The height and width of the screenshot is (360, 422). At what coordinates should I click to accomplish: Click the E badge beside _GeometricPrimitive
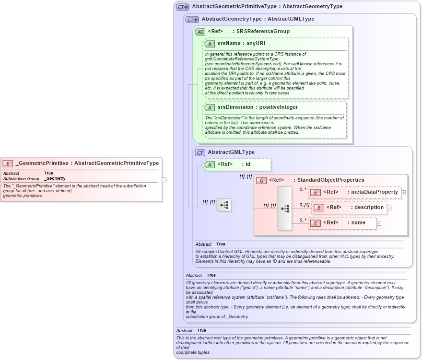click(x=8, y=163)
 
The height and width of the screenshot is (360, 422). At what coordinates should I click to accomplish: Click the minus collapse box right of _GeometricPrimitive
click(x=164, y=180)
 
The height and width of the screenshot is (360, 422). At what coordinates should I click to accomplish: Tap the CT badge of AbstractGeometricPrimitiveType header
click(x=183, y=7)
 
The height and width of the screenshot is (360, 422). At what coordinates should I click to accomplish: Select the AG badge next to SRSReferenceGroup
click(x=200, y=32)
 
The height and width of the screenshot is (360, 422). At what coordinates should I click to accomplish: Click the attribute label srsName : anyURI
click(x=241, y=44)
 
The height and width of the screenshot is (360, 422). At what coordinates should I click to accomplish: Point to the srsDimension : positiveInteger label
click(x=258, y=107)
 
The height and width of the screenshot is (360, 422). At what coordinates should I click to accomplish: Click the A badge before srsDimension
click(x=210, y=107)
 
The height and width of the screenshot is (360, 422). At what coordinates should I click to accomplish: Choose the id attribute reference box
click(x=237, y=164)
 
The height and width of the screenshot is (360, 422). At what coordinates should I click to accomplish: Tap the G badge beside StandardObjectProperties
click(x=261, y=180)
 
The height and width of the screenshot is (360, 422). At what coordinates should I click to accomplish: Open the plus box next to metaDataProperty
click(x=403, y=193)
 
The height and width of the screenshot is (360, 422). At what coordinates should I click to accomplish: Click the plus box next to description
click(x=389, y=208)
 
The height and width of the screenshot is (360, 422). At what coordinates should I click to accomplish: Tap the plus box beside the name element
click(x=379, y=223)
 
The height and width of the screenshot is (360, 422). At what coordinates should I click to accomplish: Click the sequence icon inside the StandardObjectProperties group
click(x=285, y=209)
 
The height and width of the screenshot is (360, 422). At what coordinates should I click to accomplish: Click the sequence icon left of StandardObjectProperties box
click(x=224, y=205)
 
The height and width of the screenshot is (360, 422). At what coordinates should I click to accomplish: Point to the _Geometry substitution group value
click(x=55, y=178)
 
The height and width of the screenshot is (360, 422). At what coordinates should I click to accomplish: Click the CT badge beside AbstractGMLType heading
click(x=200, y=152)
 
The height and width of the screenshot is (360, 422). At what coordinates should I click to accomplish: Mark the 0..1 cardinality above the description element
click(x=304, y=205)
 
